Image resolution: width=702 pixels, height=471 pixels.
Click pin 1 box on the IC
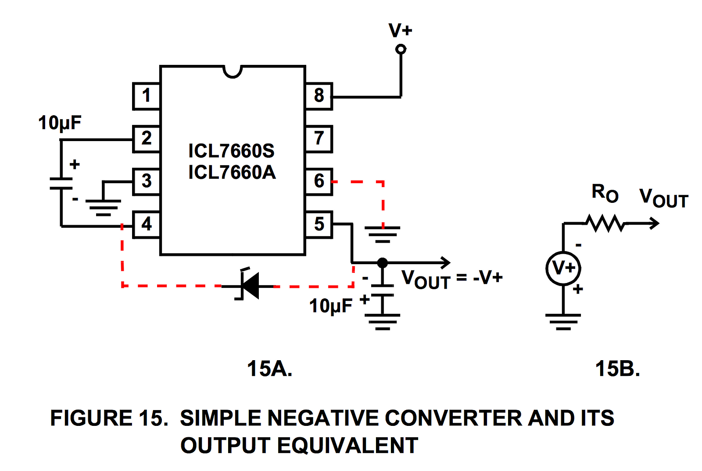pos(146,96)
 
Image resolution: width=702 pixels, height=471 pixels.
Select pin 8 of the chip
pos(319,96)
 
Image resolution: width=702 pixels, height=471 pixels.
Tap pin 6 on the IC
pos(319,181)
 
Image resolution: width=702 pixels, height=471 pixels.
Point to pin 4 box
pos(146,224)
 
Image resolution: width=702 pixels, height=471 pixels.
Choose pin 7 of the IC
pos(319,139)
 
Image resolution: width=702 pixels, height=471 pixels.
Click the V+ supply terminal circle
pos(401,49)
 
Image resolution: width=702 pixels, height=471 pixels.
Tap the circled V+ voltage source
pos(563,268)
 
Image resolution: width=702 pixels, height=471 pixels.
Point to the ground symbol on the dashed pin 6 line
pos(383,234)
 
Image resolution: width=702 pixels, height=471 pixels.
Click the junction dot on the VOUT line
pos(383,263)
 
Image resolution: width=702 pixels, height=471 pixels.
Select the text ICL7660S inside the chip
pos(231,151)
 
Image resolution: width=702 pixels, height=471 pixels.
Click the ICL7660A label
pos(232,173)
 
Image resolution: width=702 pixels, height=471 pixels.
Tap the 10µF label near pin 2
pos(60,123)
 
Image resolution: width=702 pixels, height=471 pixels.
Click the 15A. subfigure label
pos(269,369)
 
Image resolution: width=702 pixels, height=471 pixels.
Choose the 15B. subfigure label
pos(617,369)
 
